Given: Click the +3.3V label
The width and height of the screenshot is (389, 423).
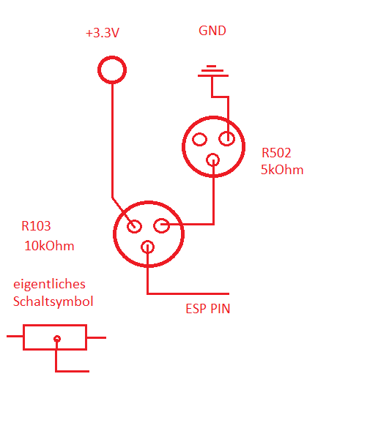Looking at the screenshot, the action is point(103,33).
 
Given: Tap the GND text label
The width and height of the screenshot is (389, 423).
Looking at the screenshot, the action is point(212,31).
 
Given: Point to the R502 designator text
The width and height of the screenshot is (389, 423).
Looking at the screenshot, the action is point(276,153).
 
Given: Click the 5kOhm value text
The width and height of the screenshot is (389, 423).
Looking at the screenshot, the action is point(282,170).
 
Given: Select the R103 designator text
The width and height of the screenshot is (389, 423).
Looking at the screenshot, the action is point(36,226).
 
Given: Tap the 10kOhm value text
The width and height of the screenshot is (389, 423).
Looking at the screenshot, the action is point(49,246).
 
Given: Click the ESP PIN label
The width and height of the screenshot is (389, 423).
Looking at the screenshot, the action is point(208,309).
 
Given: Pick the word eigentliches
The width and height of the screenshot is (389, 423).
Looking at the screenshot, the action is point(49,285).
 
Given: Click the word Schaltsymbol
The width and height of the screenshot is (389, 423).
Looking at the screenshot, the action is point(53,302).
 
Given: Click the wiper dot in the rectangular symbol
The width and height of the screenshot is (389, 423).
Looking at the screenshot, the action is point(57,339).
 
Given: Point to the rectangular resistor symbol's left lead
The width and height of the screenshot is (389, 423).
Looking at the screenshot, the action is point(15,337).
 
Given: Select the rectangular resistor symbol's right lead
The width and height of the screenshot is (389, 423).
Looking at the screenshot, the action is point(96,338).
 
